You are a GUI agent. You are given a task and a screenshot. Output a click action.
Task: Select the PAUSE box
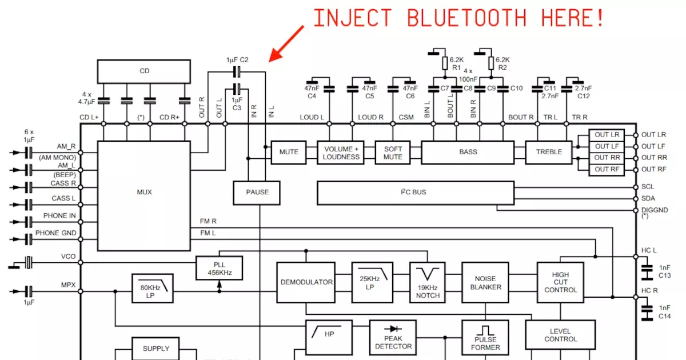(x=257, y=192)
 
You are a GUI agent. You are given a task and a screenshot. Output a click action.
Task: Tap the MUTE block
(x=289, y=152)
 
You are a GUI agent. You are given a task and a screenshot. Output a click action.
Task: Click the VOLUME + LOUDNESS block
(x=342, y=153)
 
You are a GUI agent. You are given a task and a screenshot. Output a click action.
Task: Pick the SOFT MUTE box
(x=393, y=153)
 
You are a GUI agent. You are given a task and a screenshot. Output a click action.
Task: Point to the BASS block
(x=468, y=152)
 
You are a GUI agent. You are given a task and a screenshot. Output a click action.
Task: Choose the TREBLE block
(x=549, y=152)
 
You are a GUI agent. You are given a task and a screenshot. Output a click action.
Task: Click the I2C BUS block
(x=416, y=193)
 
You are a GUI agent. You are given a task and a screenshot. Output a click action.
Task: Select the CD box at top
(x=144, y=71)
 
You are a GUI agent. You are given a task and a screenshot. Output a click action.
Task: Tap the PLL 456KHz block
(x=219, y=268)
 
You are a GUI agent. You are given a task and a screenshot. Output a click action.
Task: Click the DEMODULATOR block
(x=306, y=282)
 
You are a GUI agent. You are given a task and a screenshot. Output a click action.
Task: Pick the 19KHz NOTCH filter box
(x=428, y=282)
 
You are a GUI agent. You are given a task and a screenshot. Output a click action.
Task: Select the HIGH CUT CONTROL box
(x=560, y=282)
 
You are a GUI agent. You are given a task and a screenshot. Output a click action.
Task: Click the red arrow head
(x=274, y=55)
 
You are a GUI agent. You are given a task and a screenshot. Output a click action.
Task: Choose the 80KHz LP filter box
(x=152, y=291)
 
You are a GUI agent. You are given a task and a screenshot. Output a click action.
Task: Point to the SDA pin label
(x=648, y=198)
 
